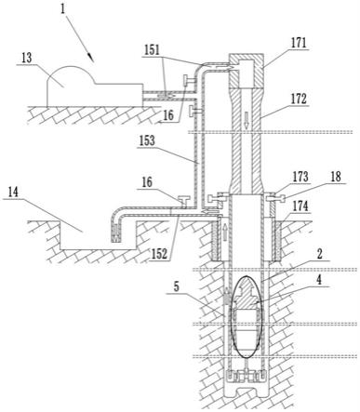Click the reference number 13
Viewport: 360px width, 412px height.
(x=27, y=59)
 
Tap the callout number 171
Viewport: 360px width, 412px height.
(x=299, y=44)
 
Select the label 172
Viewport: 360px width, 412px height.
(x=299, y=100)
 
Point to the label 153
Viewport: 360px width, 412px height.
(x=146, y=140)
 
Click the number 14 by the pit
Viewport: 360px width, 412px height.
(x=13, y=193)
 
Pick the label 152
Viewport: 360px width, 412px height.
(x=159, y=254)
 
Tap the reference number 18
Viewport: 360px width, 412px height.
(x=336, y=177)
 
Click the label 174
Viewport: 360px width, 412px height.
(x=300, y=206)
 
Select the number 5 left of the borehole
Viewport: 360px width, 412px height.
(x=177, y=287)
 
